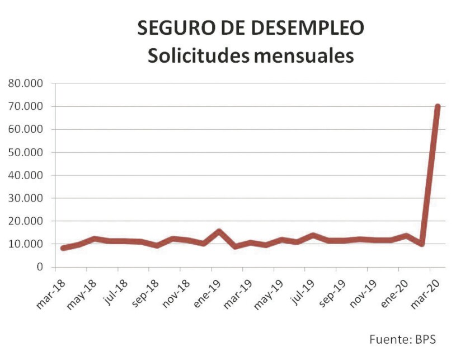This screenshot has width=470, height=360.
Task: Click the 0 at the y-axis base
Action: pyautogui.click(x=40, y=267)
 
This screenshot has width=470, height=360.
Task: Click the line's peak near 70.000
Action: pyautogui.click(x=438, y=106)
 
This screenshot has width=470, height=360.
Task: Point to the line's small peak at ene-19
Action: pyautogui.click(x=219, y=231)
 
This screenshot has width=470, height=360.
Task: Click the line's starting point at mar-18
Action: pyautogui.click(x=63, y=248)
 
